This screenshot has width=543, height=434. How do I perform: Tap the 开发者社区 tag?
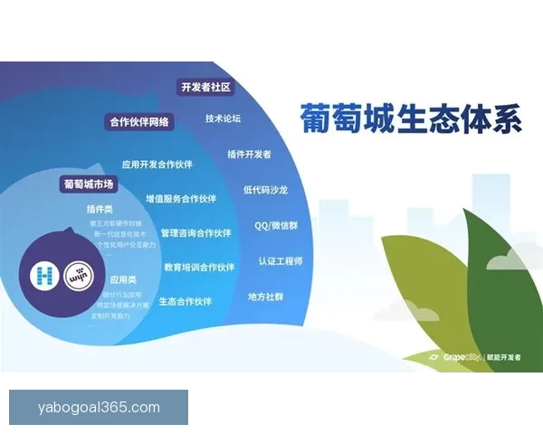[206, 88]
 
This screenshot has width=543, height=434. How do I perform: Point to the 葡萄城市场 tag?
[89, 184]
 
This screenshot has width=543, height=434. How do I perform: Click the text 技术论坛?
[223, 118]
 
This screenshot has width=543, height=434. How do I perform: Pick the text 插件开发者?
[249, 154]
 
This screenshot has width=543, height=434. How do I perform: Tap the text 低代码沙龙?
[265, 190]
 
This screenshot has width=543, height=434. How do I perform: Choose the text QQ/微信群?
[277, 225]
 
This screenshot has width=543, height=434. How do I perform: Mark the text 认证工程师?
[280, 260]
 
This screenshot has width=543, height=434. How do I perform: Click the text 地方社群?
[265, 296]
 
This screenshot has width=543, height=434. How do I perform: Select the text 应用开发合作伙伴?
[159, 165]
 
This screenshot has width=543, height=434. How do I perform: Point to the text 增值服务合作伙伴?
[181, 199]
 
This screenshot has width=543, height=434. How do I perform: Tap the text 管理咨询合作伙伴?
[195, 232]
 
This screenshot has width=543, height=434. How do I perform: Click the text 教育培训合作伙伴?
[199, 267]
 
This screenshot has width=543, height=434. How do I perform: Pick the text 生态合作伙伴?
[186, 301]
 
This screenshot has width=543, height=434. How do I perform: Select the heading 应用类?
[123, 280]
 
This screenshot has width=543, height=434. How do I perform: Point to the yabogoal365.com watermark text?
[99, 408]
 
